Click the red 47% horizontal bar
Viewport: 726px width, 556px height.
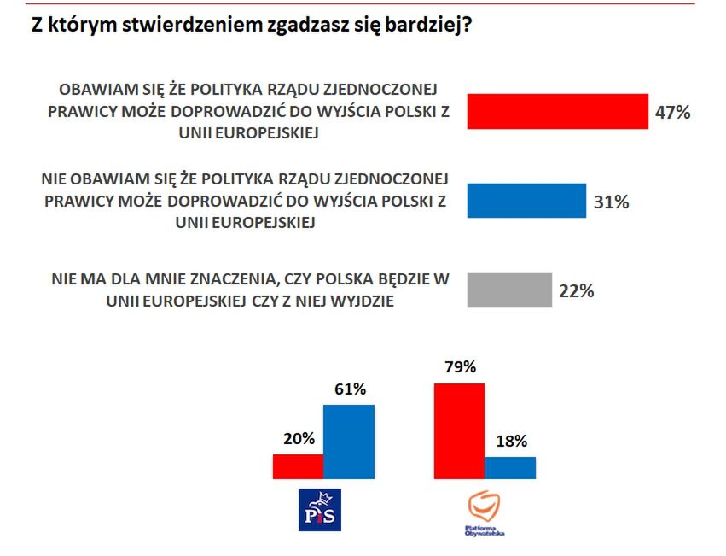coord(557,111)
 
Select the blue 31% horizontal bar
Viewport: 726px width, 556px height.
coord(526,201)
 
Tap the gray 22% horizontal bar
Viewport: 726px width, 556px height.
coord(509,290)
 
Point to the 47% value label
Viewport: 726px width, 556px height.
coord(672,112)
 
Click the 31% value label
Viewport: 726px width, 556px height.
coord(611,202)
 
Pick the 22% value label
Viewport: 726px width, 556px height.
coord(576,290)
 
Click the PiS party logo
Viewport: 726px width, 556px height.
coord(317,510)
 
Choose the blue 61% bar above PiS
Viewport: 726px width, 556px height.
coord(349,441)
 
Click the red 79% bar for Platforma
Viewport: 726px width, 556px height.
coord(459,430)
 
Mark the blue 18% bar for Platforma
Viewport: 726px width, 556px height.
coord(510,467)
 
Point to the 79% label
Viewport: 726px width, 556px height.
coord(460,368)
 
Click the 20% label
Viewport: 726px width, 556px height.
coord(299,439)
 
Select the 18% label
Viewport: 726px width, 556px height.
coord(510,442)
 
